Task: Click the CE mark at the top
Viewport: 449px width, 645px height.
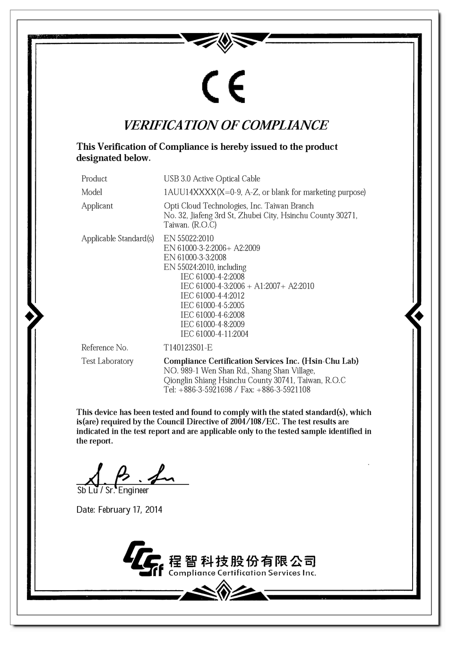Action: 224,87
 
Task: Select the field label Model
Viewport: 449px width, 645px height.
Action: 92,192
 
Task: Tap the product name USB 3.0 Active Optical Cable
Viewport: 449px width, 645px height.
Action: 212,179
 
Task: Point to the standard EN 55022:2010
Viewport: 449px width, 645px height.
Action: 189,238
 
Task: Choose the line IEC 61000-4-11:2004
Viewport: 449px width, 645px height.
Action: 214,334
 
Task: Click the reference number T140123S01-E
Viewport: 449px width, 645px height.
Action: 188,348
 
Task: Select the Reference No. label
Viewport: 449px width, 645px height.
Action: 104,348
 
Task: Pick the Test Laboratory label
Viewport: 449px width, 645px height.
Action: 107,361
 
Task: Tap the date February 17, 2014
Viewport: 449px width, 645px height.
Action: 130,510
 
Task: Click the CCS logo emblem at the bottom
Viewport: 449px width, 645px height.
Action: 142,559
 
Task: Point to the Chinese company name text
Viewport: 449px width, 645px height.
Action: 242,561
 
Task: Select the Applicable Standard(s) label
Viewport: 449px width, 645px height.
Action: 118,239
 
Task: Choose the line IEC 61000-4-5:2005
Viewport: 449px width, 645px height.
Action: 212,305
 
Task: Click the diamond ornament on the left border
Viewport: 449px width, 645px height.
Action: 32,316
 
